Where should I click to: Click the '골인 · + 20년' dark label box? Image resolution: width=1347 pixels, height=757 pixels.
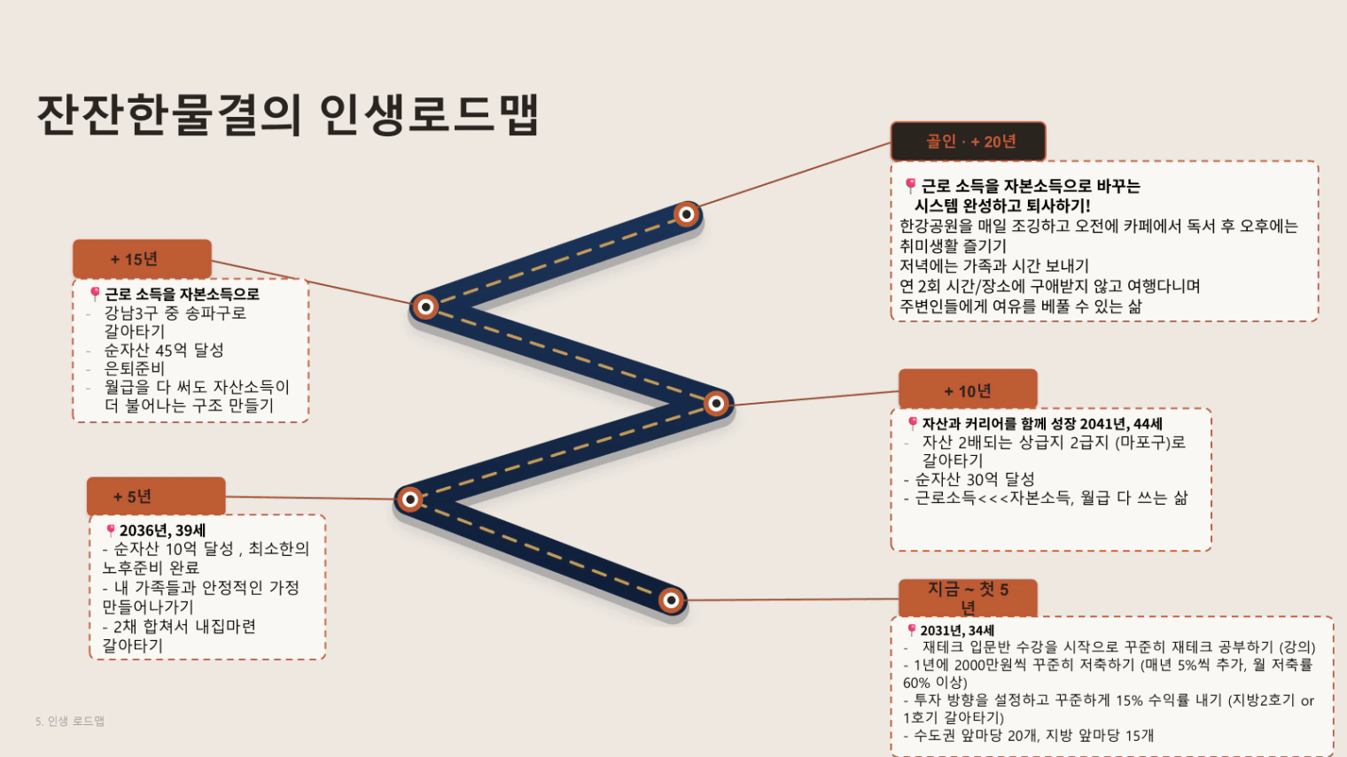point(968,141)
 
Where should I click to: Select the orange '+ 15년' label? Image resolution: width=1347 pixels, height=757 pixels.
point(142,259)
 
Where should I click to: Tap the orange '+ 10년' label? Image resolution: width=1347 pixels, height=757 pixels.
point(968,390)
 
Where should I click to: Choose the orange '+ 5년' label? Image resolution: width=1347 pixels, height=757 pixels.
point(156,496)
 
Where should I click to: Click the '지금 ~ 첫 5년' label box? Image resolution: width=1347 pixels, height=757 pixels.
point(968,598)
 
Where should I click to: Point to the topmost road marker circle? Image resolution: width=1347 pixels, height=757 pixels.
point(686,214)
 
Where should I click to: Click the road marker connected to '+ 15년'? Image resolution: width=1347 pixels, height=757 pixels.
point(425,307)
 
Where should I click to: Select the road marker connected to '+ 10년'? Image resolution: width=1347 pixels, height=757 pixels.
point(716,403)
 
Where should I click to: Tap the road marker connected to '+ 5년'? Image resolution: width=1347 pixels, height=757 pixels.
point(410,499)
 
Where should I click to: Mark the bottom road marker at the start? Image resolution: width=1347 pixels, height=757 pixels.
point(671,600)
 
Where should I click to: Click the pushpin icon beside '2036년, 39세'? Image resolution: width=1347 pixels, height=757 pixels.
point(110,530)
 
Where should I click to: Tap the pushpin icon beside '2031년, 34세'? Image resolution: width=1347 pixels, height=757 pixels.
point(912,630)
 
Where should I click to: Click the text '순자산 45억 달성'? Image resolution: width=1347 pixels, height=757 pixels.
point(164,350)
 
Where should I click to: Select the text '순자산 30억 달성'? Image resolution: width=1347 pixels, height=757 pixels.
point(975,479)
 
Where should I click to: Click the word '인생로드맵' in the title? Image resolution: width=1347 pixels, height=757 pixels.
point(429,114)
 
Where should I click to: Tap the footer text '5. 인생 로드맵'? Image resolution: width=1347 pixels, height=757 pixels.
point(70,721)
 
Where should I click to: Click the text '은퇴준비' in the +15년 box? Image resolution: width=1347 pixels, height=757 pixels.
point(134,368)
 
